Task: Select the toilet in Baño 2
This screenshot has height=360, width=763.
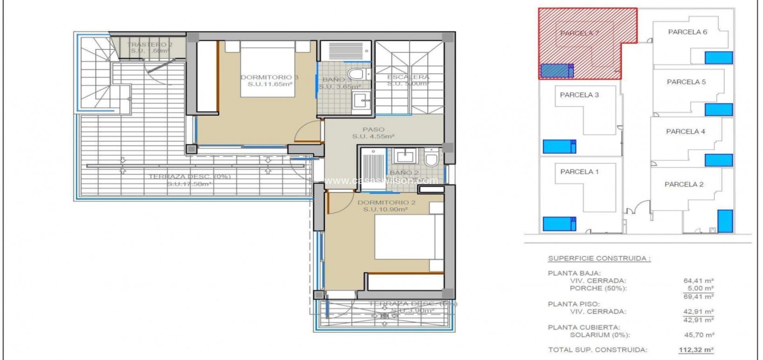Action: tap(431, 159)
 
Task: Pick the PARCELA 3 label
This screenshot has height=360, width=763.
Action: tap(579, 95)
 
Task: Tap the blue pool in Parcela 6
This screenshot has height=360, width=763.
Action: tap(718, 58)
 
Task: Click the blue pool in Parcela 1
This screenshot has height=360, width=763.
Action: tap(559, 224)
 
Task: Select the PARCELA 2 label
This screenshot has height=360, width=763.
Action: tap(684, 184)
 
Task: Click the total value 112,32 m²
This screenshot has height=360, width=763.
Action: tap(696, 350)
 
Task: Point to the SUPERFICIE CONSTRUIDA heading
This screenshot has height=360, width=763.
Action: tap(599, 258)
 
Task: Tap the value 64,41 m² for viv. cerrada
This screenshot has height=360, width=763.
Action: tap(698, 281)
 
